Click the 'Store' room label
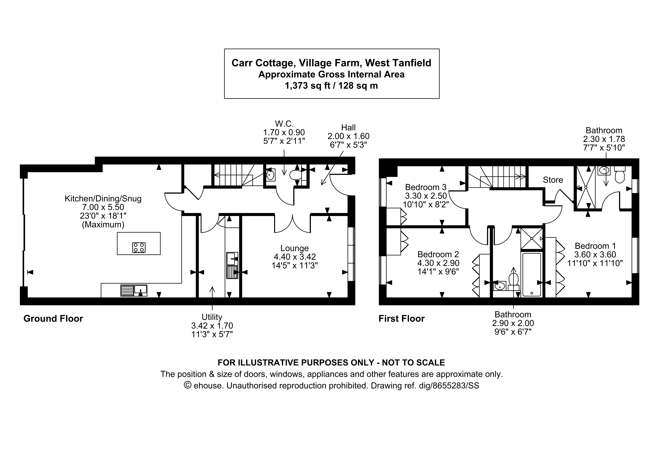(553, 180)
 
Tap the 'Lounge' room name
(295, 248)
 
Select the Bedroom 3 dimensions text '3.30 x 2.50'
(426, 196)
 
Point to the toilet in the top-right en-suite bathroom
(619, 175)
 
